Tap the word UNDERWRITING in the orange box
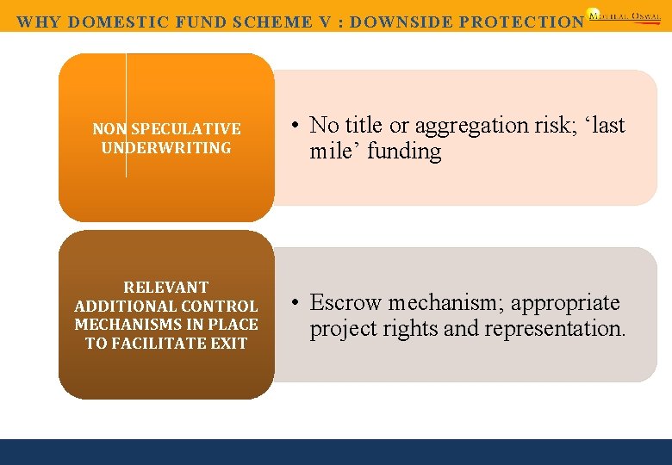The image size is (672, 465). [166, 148]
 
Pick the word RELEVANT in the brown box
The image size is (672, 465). [166, 288]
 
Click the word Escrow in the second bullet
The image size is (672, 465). [346, 303]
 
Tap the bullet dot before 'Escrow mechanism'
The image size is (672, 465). [295, 303]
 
